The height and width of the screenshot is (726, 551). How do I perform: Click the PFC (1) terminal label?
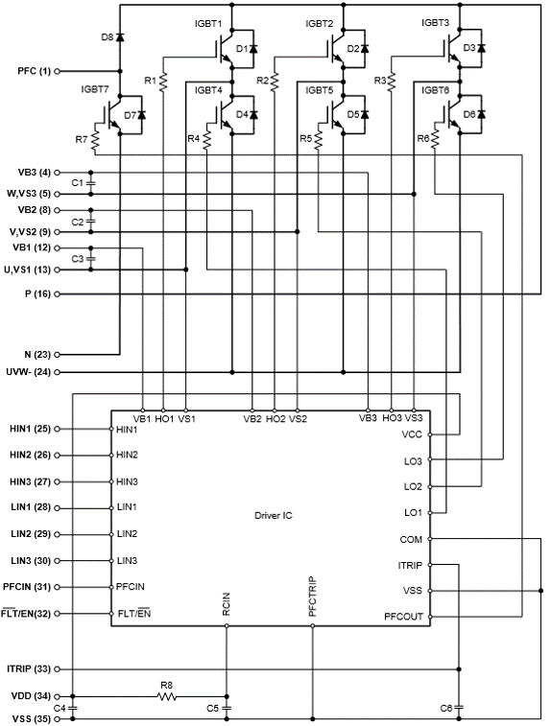coord(34,71)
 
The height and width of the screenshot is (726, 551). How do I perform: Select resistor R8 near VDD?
coord(166,696)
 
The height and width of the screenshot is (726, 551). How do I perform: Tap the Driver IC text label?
coord(274,516)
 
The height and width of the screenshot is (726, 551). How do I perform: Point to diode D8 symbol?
coord(120,36)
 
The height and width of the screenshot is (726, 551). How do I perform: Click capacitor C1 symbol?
coord(91,183)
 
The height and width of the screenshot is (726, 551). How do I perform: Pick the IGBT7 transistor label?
coord(94,89)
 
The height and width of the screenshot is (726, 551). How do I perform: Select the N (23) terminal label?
coord(37,355)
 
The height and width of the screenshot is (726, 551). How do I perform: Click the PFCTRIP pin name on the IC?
coord(312,597)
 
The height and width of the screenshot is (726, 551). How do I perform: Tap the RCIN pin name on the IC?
coord(227,604)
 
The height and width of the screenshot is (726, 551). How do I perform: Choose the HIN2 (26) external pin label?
coord(30,456)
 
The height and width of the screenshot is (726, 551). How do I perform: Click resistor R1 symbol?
coord(162,82)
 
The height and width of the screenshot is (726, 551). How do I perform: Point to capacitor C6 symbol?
coord(459,708)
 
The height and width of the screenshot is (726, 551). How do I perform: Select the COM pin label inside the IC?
coord(411,539)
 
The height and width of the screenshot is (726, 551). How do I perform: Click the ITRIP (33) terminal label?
coord(29,669)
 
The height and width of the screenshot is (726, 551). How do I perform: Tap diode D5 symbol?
coord(365,114)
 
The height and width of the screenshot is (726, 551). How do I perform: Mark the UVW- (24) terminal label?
coord(29,372)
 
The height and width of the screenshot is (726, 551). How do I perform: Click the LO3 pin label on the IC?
coord(413,461)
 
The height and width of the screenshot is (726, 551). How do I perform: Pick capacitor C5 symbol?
coord(227,708)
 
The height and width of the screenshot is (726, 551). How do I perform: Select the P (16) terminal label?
coord(37,294)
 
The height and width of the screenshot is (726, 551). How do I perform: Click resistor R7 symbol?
coord(95,141)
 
